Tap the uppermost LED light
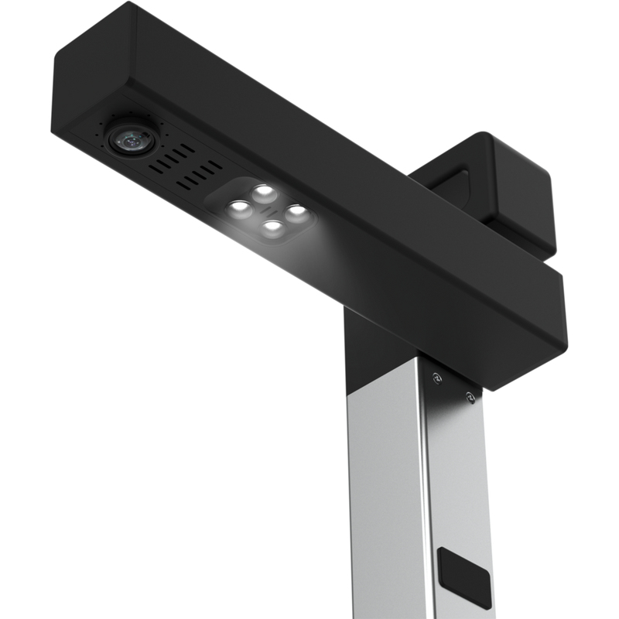265,191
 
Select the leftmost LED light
238,207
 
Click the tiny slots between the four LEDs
267,210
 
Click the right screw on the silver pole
469,397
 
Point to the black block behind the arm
503,186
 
